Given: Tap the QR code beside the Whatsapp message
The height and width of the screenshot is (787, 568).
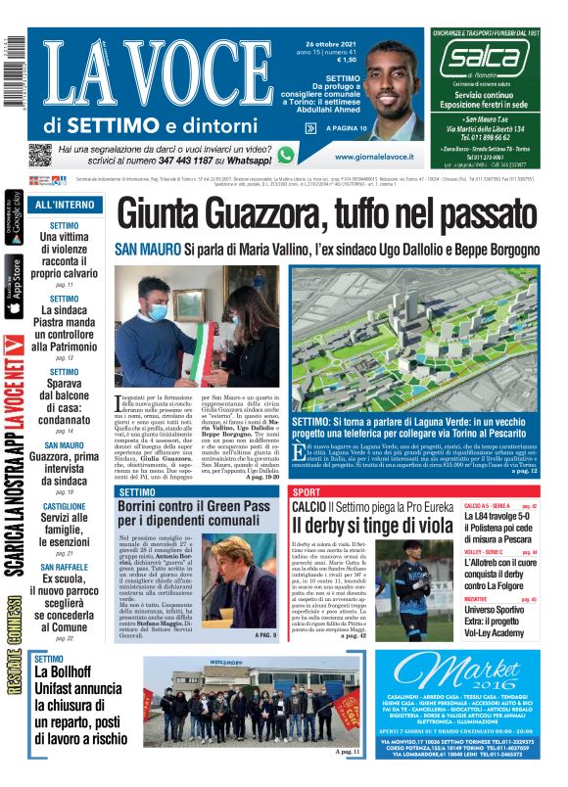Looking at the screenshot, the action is click(39, 155).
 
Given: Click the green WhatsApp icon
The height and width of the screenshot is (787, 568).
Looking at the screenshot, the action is click(286, 155).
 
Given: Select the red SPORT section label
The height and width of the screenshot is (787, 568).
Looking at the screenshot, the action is click(307, 491).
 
